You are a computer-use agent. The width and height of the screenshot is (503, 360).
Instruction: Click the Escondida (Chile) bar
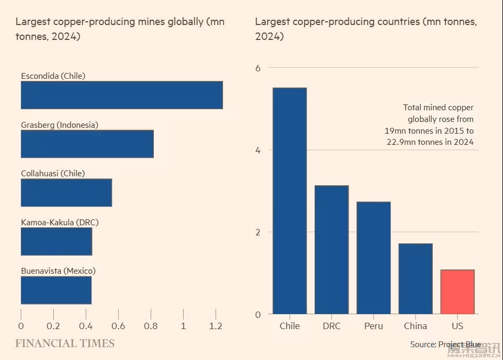click(121, 95)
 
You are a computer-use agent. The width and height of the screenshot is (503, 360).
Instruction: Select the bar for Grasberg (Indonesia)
click(87, 144)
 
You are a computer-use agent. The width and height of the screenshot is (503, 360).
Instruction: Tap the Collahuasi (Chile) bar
click(66, 192)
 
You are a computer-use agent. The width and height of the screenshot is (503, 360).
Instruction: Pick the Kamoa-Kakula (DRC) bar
click(56, 241)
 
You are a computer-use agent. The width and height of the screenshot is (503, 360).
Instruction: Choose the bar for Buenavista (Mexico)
click(56, 290)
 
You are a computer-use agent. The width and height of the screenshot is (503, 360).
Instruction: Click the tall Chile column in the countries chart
click(290, 201)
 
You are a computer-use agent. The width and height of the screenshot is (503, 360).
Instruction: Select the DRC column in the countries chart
click(332, 249)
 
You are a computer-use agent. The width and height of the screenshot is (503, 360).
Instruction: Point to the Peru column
click(374, 258)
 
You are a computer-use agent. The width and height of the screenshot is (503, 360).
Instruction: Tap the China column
click(415, 279)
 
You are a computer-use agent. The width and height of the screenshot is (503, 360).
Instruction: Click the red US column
click(457, 292)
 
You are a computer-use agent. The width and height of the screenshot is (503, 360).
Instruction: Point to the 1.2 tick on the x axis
click(216, 326)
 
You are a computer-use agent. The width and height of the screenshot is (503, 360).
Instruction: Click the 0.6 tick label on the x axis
click(118, 326)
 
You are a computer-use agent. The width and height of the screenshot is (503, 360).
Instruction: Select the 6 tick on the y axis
click(258, 68)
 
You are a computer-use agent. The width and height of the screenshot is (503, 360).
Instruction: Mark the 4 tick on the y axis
click(258, 150)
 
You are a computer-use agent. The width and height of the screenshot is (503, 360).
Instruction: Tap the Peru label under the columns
click(374, 326)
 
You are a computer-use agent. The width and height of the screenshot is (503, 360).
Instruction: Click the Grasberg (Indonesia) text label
click(60, 125)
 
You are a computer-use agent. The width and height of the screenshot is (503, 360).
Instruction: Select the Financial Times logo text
click(64, 343)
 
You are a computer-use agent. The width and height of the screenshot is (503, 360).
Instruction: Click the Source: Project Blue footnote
click(445, 345)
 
